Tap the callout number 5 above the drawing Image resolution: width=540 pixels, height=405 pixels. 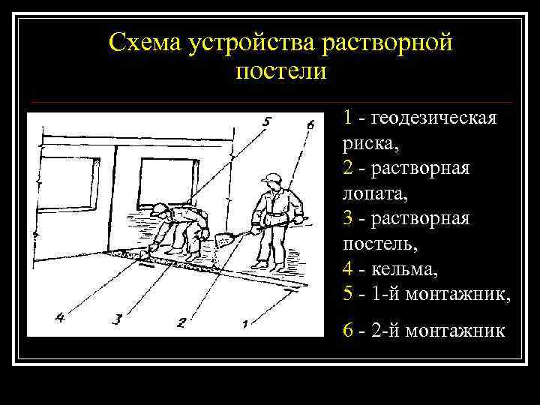tap(268, 121)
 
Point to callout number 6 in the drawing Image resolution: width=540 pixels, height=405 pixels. tap(310, 124)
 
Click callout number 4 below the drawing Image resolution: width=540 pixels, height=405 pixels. tap(60, 318)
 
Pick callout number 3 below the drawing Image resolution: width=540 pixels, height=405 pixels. tap(116, 319)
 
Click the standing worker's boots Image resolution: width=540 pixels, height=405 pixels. tap(268, 264)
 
